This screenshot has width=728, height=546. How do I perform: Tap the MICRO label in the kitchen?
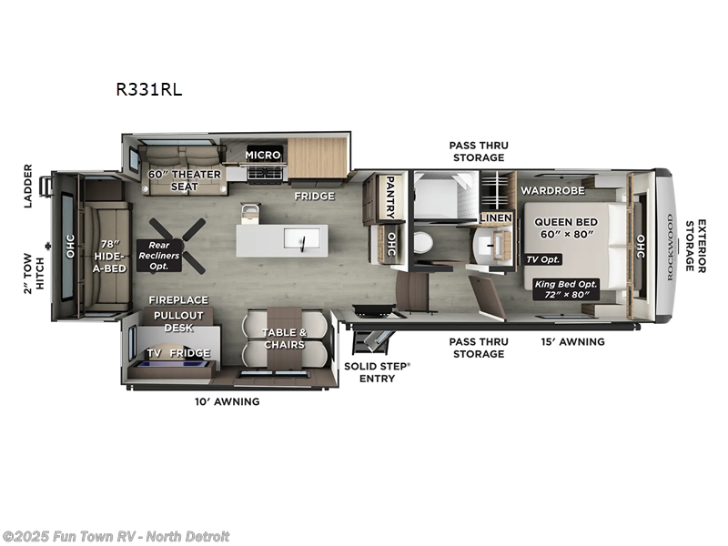pyautogui.click(x=263, y=155)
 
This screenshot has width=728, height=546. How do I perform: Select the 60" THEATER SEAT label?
pyautogui.click(x=184, y=180)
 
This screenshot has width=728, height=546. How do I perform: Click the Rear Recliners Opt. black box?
pyautogui.click(x=158, y=256)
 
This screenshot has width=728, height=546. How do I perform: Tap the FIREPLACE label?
pyautogui.click(x=179, y=299)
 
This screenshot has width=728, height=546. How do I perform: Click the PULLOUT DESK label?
pyautogui.click(x=178, y=321)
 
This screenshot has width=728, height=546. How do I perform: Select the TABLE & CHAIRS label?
pyautogui.click(x=283, y=339)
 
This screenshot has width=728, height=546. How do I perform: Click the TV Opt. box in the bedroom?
pyautogui.click(x=543, y=259)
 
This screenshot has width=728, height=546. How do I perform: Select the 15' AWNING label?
pyautogui.click(x=572, y=341)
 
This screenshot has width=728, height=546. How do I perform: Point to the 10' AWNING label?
pyautogui.click(x=227, y=401)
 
